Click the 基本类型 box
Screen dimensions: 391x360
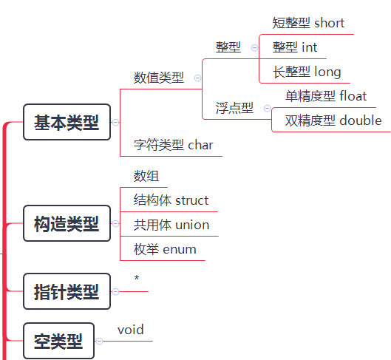tap(67, 122)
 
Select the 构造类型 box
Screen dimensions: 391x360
tap(67, 223)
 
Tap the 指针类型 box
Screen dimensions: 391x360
tap(67, 291)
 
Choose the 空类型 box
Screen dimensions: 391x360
tap(58, 341)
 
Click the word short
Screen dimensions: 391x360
tap(329, 23)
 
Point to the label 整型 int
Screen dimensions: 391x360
tap(295, 47)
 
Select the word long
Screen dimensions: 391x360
tap(327, 72)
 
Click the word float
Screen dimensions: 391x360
tap(353, 96)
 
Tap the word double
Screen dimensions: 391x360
tap(361, 120)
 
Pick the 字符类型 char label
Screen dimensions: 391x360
tap(173, 145)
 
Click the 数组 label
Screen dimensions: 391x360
tap(146, 176)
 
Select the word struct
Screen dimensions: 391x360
tap(192, 200)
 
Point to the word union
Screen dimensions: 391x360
tap(192, 225)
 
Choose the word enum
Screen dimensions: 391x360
tap(180, 250)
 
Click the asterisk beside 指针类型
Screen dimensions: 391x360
tap(137, 277)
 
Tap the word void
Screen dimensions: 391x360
tap(131, 330)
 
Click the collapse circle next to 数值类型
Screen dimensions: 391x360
tap(197, 78)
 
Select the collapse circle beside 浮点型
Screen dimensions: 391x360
tap(267, 108)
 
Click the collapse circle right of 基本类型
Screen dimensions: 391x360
tap(115, 122)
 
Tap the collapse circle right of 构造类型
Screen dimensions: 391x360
tap(115, 223)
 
